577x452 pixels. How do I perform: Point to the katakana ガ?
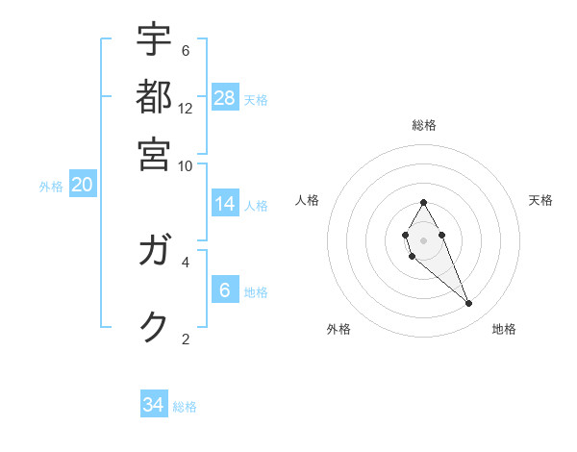click(x=154, y=253)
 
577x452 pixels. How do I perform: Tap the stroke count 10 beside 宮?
click(x=186, y=164)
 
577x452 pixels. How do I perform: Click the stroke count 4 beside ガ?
click(x=186, y=260)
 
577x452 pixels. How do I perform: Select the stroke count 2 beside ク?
click(x=186, y=338)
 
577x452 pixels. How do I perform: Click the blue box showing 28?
click(x=225, y=98)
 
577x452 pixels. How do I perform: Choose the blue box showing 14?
click(x=225, y=204)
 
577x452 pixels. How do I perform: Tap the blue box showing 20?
click(x=82, y=186)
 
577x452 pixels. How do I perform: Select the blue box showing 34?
click(x=154, y=406)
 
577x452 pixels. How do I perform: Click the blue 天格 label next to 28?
click(x=256, y=100)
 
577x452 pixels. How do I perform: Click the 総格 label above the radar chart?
click(x=424, y=126)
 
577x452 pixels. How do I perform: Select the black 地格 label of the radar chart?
click(x=504, y=329)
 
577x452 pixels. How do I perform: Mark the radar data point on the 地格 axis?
click(x=469, y=304)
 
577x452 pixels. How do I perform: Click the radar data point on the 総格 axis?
click(x=423, y=202)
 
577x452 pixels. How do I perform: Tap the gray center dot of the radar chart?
click(x=423, y=239)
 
